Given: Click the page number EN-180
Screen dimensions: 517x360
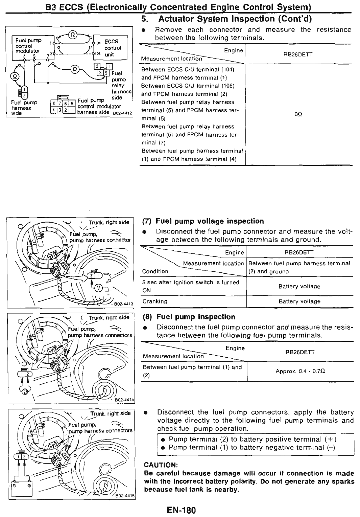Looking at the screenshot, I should click(x=181, y=510).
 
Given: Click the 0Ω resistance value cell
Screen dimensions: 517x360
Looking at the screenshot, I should click(x=298, y=115).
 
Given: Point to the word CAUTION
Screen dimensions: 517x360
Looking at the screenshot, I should click(x=161, y=465).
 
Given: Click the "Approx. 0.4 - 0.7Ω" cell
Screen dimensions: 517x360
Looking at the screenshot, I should click(x=300, y=371).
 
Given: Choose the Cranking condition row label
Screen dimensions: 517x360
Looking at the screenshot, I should click(x=155, y=301).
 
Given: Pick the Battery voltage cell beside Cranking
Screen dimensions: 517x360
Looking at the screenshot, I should click(x=299, y=301).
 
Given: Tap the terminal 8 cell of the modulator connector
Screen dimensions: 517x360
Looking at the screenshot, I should click(x=53, y=104).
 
